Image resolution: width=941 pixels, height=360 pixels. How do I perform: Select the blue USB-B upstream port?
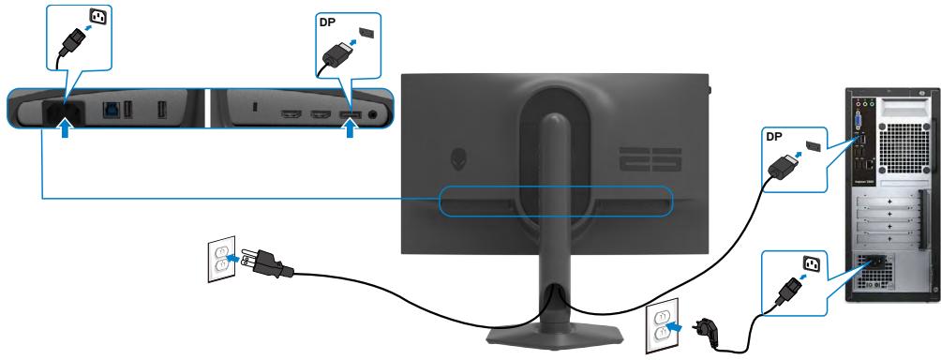113,109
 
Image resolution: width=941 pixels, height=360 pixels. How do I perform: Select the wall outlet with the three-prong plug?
221,259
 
